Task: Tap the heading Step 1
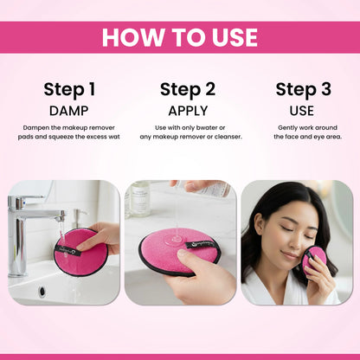point(69,89)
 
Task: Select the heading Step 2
point(187,89)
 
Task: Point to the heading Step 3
point(303,89)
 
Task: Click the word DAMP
point(69,111)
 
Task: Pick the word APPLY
point(187,111)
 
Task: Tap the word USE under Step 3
point(303,111)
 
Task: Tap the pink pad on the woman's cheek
point(313,258)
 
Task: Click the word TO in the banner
point(184,37)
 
